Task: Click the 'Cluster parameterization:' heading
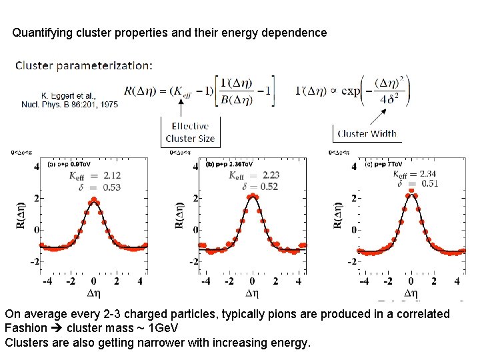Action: click(83, 65)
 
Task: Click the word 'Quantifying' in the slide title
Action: click(42, 32)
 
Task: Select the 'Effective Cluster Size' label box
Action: click(190, 132)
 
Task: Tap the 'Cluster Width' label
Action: click(367, 133)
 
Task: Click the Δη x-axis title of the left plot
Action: click(94, 293)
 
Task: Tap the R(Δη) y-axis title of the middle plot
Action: click(180, 214)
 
